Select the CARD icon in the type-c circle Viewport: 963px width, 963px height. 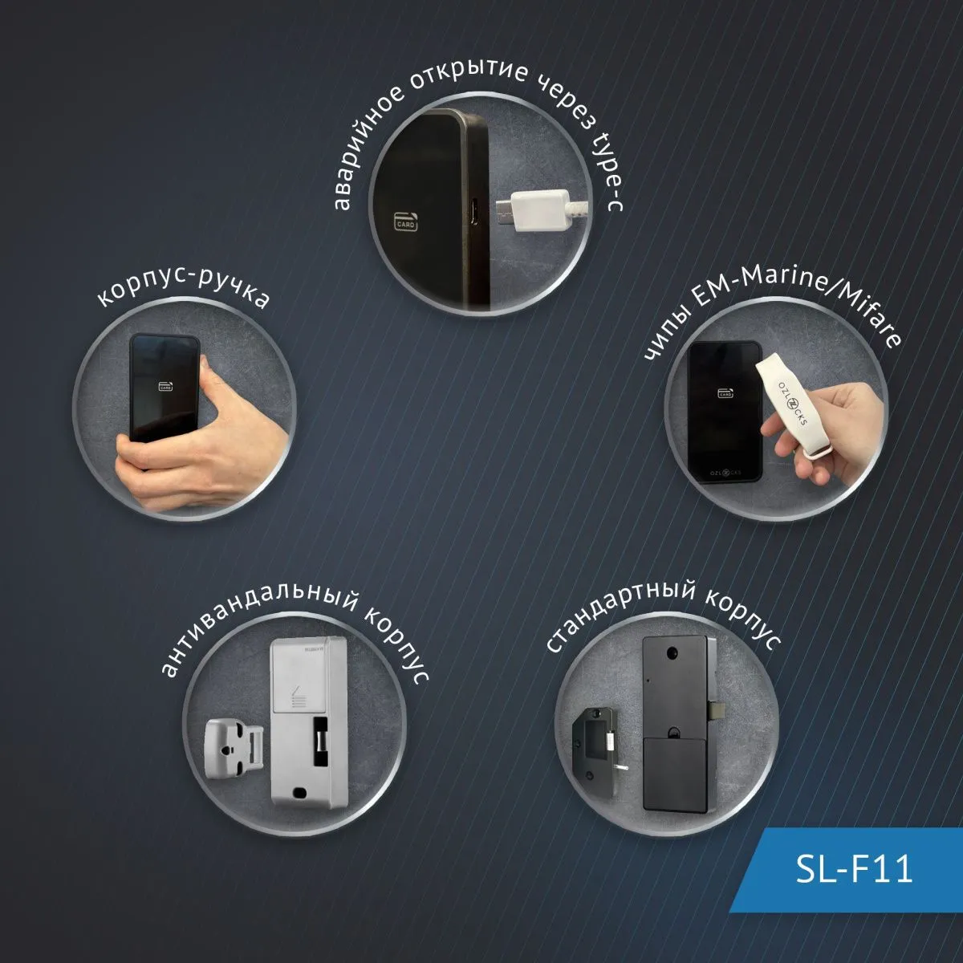[406, 221]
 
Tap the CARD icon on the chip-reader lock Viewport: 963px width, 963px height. [725, 392]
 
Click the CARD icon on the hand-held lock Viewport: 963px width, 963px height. [166, 386]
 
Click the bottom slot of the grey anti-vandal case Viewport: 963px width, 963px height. [300, 791]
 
